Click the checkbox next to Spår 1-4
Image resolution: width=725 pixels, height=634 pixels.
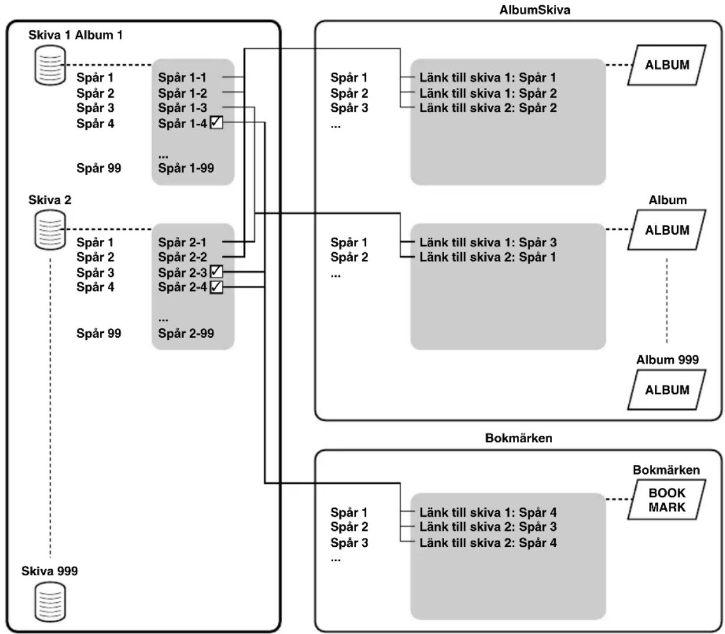(216, 123)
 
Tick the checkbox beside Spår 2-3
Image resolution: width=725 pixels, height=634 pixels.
(216, 272)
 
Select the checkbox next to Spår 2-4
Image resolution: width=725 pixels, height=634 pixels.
(216, 286)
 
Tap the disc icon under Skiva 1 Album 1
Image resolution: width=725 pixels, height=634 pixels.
(50, 65)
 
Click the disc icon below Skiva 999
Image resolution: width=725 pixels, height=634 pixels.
(50, 602)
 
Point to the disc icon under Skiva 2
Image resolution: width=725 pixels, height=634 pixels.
(50, 230)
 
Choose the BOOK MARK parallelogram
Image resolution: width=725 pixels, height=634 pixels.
(667, 500)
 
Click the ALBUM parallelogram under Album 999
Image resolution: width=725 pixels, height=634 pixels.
(667, 390)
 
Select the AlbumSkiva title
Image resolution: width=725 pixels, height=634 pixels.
(534, 10)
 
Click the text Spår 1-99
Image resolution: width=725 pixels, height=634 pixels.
(186, 168)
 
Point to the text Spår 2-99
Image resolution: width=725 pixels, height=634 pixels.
(186, 333)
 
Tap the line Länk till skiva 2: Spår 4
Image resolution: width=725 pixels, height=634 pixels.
(488, 543)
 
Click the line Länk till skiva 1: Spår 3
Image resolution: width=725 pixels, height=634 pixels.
(488, 243)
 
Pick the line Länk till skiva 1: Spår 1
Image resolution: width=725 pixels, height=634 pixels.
(488, 77)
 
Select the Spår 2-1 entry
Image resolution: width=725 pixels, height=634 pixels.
(182, 243)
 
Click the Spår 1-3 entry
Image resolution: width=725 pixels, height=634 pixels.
(182, 108)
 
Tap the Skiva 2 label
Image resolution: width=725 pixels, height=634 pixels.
(50, 200)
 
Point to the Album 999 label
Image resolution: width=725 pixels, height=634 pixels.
(668, 359)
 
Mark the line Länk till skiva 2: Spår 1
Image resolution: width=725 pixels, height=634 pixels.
(488, 257)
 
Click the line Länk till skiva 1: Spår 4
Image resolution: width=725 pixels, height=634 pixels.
(488, 512)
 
